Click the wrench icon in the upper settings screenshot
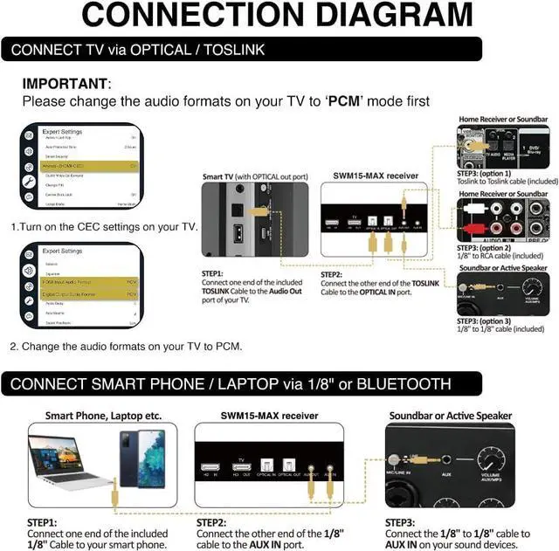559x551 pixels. [28, 182]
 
